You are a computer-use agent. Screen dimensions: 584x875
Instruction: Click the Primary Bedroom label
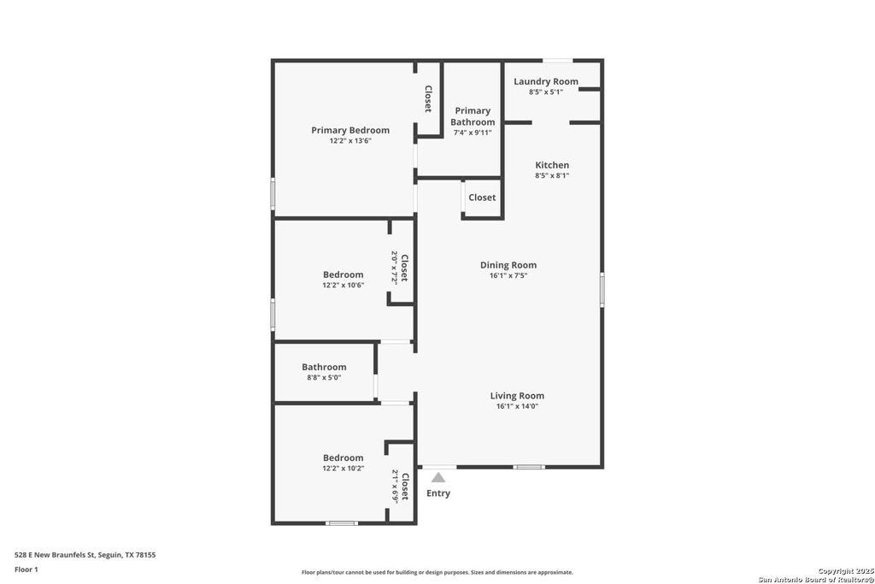(x=349, y=130)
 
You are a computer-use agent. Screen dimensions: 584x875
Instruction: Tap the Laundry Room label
(x=545, y=81)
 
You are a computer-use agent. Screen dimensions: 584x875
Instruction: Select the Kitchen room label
(x=552, y=165)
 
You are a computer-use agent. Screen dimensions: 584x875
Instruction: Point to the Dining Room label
(x=508, y=265)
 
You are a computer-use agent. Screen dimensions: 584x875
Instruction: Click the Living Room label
(x=517, y=396)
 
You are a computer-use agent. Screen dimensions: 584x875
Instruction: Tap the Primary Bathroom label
(x=473, y=116)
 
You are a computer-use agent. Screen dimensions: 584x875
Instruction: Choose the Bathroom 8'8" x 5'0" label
(x=324, y=367)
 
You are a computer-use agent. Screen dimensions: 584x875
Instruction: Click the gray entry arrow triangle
(x=438, y=477)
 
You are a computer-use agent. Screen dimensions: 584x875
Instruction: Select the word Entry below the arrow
(x=438, y=493)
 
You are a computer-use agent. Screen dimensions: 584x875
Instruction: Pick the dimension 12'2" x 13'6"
(x=349, y=141)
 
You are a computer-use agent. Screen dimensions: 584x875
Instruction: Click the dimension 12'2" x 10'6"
(x=343, y=285)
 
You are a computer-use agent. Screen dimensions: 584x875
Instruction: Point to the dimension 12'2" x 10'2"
(x=343, y=468)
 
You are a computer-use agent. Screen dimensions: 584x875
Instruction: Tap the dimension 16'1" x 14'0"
(x=517, y=406)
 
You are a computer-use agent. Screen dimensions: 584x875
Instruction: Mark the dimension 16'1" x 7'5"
(x=508, y=275)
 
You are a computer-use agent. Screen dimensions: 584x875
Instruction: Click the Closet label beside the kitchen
(x=482, y=198)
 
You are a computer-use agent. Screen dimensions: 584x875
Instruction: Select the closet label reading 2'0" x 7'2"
(x=400, y=267)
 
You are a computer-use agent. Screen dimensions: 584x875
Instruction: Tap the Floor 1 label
(x=26, y=569)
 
